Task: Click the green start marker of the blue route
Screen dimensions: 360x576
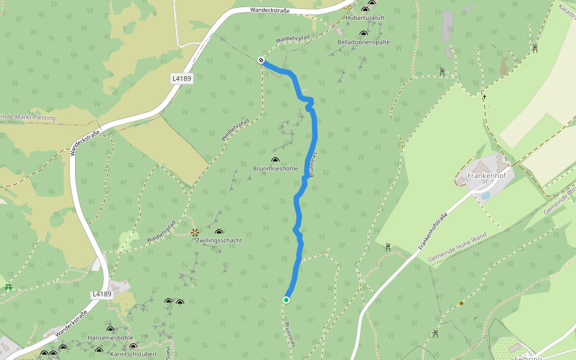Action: [286, 299]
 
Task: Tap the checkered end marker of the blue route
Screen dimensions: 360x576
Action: [261, 59]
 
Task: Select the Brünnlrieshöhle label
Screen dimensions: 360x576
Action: [275, 169]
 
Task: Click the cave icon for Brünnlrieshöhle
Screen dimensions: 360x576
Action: [275, 160]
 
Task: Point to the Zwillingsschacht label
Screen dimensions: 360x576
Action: [218, 240]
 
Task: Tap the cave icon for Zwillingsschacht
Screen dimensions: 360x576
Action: [218, 232]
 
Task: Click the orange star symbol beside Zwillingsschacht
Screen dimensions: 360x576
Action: [194, 232]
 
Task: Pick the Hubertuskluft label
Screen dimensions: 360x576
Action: [365, 19]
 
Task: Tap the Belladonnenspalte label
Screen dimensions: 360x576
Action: [364, 43]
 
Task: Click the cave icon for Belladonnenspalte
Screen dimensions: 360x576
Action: [364, 34]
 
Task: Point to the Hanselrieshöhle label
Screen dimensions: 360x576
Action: [110, 338]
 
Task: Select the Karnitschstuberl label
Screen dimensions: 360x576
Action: [133, 354]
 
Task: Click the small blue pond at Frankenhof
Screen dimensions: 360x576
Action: [485, 196]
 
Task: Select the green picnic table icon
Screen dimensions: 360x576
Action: [8, 287]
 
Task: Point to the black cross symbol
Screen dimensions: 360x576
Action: [484, 96]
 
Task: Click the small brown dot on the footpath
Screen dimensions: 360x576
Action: [461, 304]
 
